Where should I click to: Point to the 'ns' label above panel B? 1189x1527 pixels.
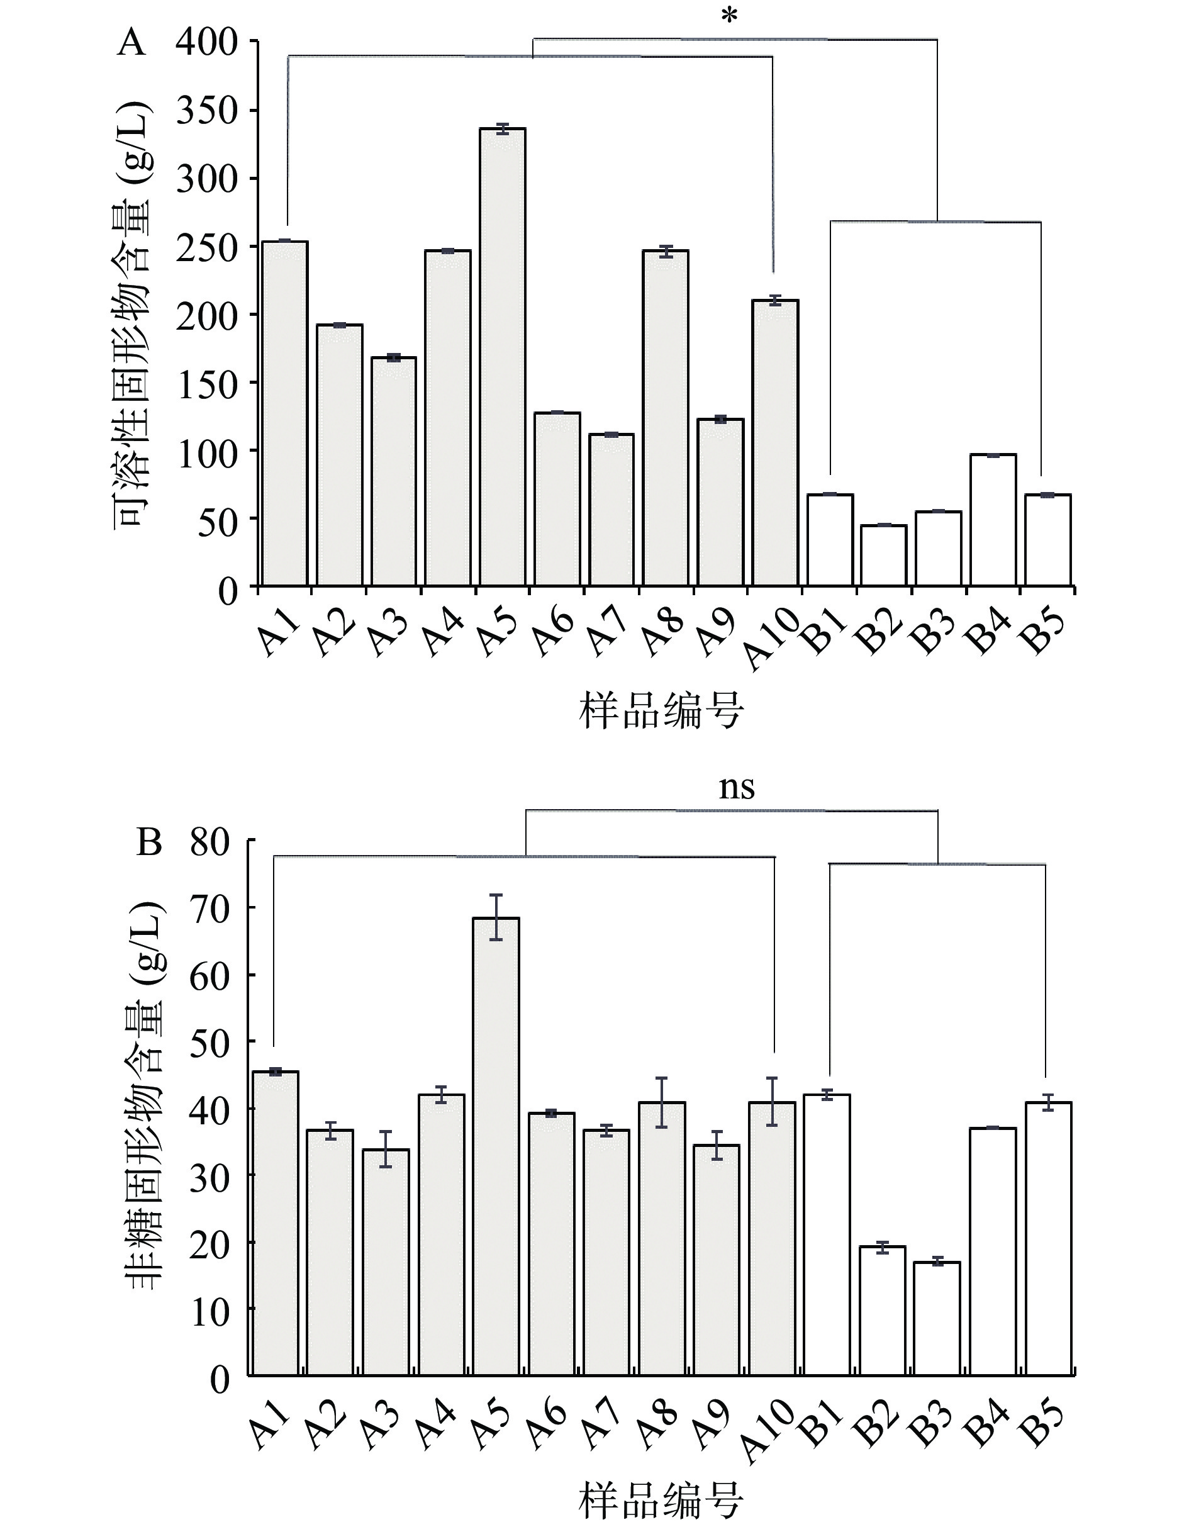click(737, 787)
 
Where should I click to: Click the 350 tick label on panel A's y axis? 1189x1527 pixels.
click(207, 111)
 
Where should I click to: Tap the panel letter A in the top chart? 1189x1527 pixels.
click(131, 43)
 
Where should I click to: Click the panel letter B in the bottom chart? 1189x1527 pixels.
click(149, 842)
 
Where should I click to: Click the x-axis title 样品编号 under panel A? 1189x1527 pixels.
click(661, 710)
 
